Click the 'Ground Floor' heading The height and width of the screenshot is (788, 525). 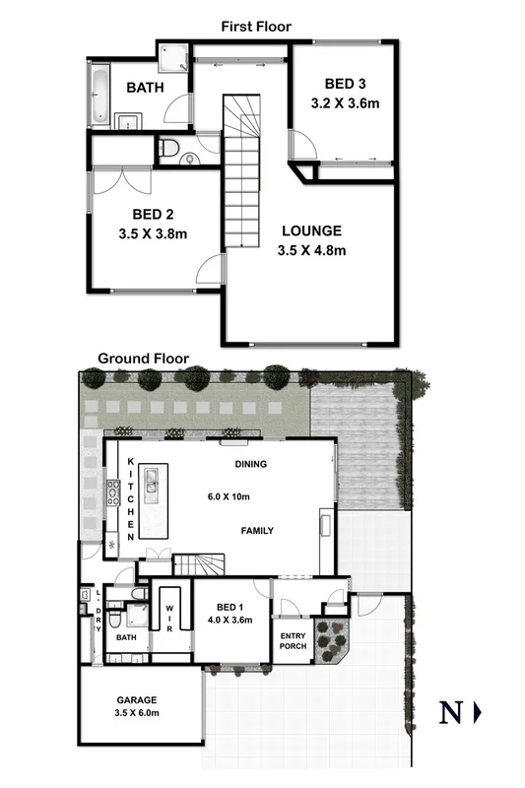click(143, 359)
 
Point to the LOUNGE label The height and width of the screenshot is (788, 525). click(311, 231)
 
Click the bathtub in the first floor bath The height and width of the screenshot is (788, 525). click(99, 96)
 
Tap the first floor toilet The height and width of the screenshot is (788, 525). click(170, 151)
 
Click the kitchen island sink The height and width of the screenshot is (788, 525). click(153, 481)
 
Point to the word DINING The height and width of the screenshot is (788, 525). click(253, 463)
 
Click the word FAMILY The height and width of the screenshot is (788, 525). click(257, 531)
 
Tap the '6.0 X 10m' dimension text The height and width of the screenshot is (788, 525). click(227, 496)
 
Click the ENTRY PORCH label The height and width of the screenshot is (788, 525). click(294, 639)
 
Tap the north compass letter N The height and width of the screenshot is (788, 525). click(450, 712)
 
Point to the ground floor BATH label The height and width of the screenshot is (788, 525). click(126, 638)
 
